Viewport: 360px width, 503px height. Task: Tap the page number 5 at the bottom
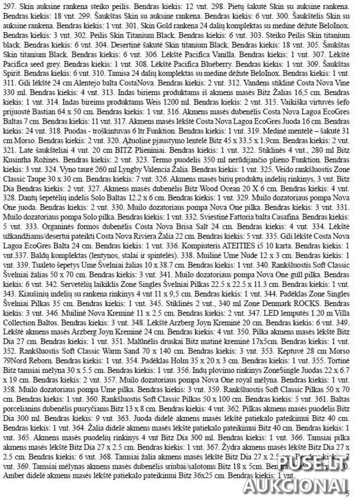pyautogui.click(x=347, y=494)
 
